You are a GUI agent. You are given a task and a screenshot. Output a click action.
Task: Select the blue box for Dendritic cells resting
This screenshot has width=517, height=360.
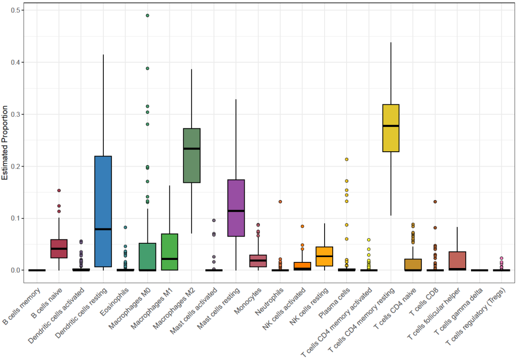click(103, 191)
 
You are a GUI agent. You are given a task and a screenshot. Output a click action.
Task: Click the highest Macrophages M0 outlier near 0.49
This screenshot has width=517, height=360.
click(147, 15)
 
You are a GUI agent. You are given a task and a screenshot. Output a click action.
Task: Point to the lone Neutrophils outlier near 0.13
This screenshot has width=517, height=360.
click(280, 202)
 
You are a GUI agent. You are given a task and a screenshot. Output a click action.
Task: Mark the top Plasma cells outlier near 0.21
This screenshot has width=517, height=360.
click(347, 159)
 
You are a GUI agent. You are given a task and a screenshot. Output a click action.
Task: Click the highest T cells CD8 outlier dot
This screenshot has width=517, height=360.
click(435, 202)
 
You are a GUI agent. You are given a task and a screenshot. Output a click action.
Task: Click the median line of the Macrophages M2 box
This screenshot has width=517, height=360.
click(191, 148)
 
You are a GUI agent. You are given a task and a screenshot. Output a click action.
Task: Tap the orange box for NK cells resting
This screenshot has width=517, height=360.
click(324, 256)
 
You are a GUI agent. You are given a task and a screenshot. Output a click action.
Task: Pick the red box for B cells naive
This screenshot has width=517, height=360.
click(59, 248)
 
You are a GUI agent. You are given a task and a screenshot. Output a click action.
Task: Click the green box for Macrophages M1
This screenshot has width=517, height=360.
click(169, 252)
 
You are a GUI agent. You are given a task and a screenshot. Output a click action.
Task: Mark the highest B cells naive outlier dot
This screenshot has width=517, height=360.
click(59, 191)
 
